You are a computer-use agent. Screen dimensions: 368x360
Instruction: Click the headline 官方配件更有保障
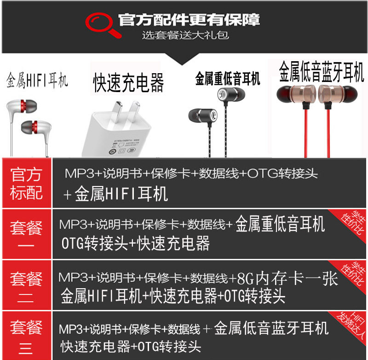pyautogui.click(x=189, y=20)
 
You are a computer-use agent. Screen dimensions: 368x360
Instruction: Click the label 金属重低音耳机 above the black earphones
pyautogui.click(x=227, y=78)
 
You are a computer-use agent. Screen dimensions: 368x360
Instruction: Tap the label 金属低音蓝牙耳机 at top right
pyautogui.click(x=322, y=73)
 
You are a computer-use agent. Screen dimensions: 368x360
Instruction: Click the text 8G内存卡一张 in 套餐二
pyautogui.click(x=287, y=279)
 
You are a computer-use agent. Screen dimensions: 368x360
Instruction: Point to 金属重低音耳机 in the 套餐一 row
pyautogui.click(x=280, y=225)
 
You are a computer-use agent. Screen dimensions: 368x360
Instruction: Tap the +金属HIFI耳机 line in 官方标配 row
pyautogui.click(x=115, y=194)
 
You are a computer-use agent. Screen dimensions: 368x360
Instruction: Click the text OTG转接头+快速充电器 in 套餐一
pyautogui.click(x=136, y=244)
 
